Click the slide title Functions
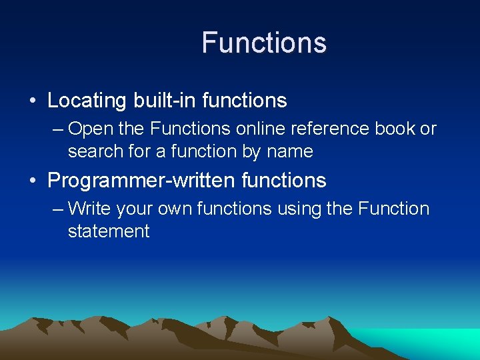264,43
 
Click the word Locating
87,101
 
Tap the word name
289,151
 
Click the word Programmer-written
141,180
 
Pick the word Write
89,209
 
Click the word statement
109,231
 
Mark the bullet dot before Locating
33,101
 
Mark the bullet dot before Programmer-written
33,181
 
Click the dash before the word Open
57,129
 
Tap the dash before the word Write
57,209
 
